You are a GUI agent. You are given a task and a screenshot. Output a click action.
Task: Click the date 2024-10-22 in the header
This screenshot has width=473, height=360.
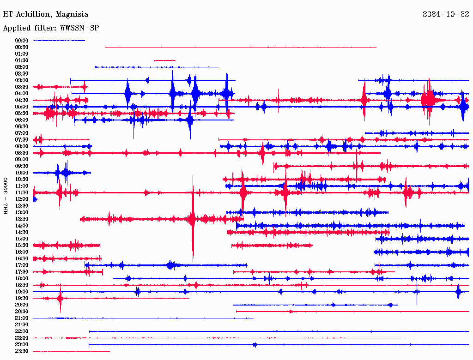point(446,14)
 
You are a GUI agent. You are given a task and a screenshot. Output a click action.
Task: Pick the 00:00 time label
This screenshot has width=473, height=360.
point(22,41)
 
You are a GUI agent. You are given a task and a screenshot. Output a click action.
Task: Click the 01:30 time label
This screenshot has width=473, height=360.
point(22,60)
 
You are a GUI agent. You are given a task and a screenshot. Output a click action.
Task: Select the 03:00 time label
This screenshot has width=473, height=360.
point(22,80)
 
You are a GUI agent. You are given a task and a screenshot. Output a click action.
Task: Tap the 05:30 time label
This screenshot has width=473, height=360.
point(22,113)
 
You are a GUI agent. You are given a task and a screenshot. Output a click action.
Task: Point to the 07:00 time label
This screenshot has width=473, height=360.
point(22,133)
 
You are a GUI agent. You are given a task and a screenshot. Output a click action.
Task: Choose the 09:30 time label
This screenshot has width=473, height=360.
point(22,166)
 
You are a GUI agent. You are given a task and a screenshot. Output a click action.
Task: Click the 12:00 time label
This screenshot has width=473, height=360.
point(22,199)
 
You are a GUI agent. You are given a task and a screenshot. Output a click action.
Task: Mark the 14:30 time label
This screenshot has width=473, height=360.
point(22,232)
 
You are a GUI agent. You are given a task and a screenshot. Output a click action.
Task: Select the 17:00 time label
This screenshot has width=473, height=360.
point(22,265)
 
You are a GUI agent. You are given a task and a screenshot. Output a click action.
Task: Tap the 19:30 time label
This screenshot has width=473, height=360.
point(22,298)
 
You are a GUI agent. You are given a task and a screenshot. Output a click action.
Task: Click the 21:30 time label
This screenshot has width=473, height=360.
point(22,324)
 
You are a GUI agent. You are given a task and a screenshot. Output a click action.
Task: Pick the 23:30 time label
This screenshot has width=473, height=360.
point(22,351)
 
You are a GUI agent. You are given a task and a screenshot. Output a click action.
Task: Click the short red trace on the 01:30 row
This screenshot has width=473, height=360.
point(165,60)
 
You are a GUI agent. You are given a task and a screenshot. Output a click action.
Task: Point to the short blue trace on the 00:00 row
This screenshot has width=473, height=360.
point(59,41)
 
